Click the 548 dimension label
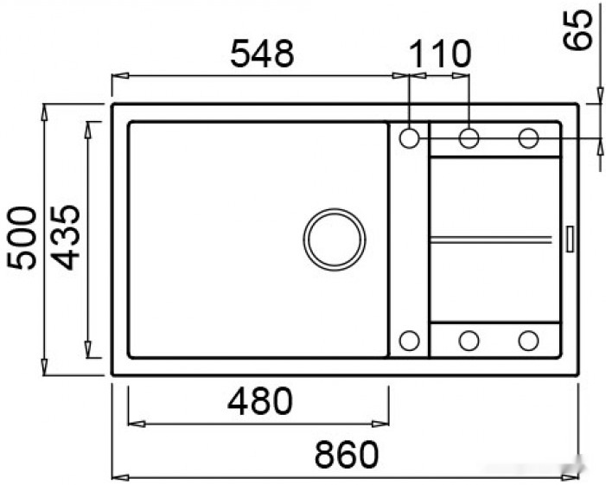tap(262, 54)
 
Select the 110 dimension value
tap(440, 54)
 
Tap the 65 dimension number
tap(577, 29)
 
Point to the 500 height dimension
tap(22, 238)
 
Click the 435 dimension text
tap(66, 237)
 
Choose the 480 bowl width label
tap(260, 401)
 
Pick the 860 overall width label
tap(347, 455)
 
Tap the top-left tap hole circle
tap(409, 137)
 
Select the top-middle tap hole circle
tap(469, 137)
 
